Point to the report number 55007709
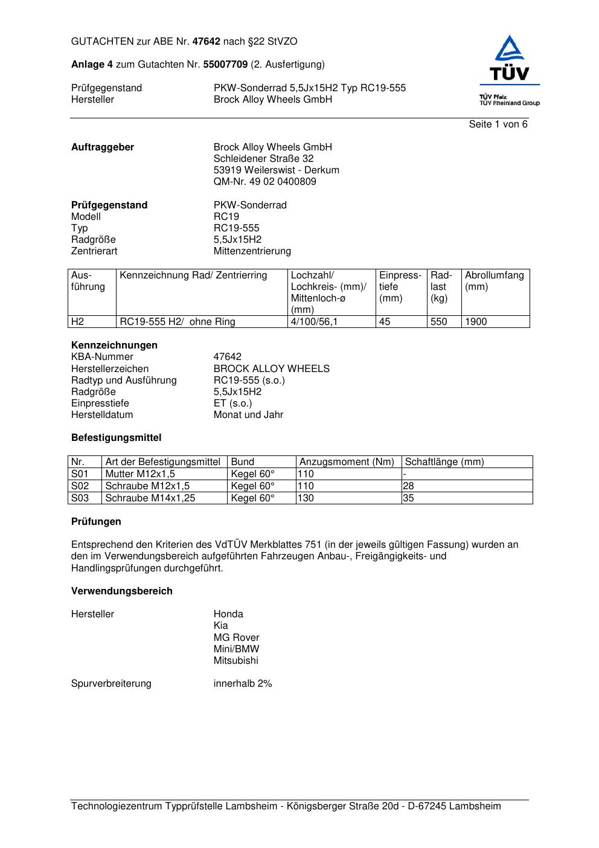[225, 64]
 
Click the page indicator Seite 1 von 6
[498, 124]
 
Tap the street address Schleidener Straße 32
[263, 159]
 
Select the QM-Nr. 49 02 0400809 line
[264, 182]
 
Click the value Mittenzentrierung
[252, 251]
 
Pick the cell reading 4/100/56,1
[314, 322]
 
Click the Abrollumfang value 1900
[476, 322]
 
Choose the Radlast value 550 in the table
[438, 322]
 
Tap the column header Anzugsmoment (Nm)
[347, 462]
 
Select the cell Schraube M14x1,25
[150, 498]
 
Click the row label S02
[80, 486]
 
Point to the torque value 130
[306, 498]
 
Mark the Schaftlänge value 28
[408, 486]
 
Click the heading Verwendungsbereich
[122, 591]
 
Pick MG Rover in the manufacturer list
[236, 638]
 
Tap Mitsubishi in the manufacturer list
[235, 661]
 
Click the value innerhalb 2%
[243, 684]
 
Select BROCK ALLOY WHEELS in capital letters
[271, 369]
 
